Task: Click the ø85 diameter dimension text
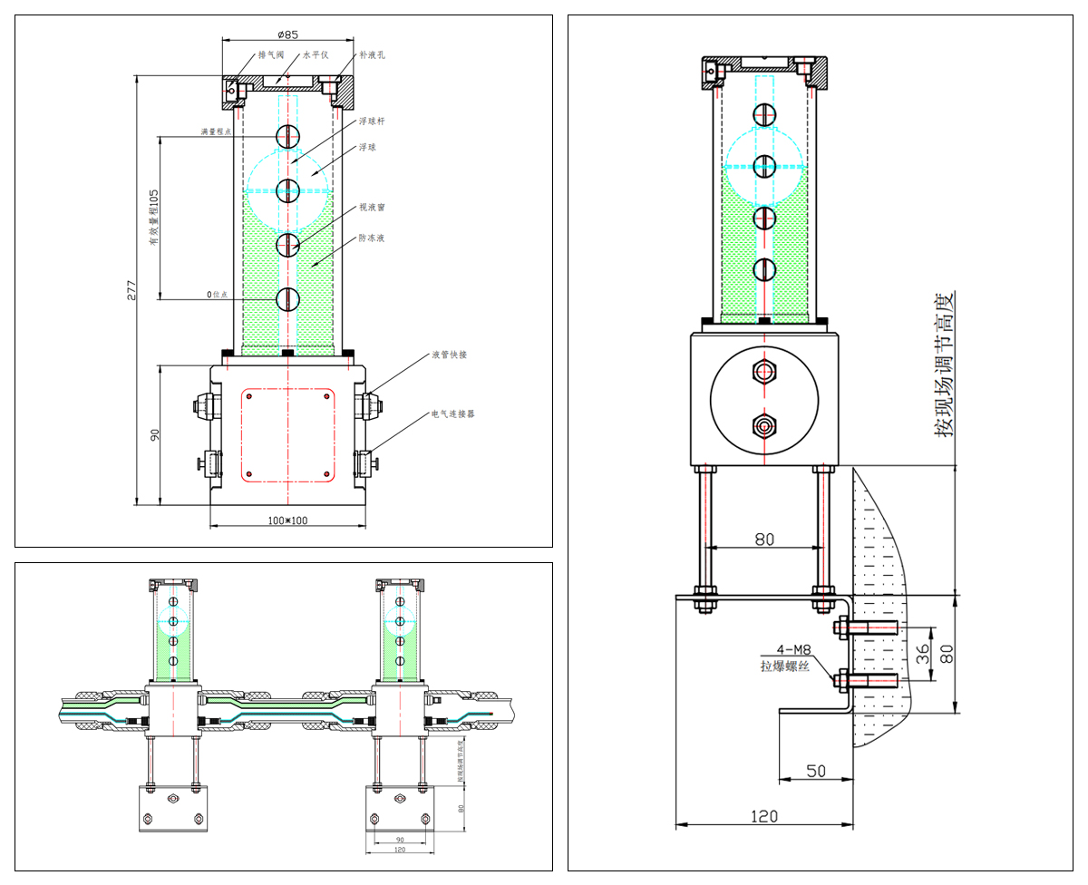tap(287, 34)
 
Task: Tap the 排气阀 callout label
tap(271, 55)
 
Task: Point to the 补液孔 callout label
tap(372, 55)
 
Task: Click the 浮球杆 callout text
tap(372, 122)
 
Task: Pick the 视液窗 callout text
tap(372, 208)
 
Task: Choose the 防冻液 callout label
tap(372, 238)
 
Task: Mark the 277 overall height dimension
tap(131, 290)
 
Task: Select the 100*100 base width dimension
tap(287, 520)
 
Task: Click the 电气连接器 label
tap(452, 413)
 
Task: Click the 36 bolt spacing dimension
tap(923, 653)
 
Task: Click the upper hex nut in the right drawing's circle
tap(764, 371)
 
